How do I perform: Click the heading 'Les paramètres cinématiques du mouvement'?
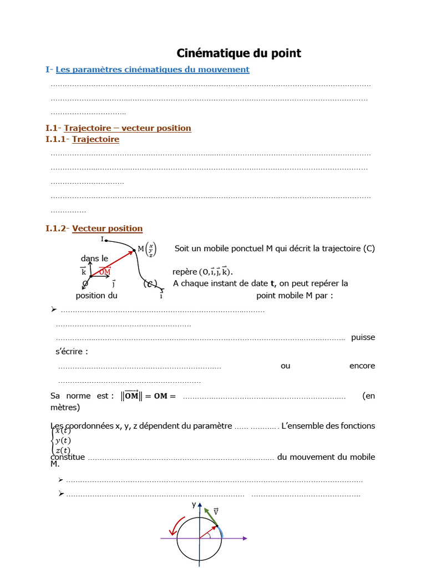(x=153, y=69)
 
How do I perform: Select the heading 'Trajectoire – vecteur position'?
(x=128, y=128)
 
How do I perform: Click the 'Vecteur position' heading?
(x=107, y=228)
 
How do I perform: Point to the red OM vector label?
(x=105, y=271)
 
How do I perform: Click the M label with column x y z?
(x=147, y=250)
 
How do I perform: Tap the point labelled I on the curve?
(x=103, y=239)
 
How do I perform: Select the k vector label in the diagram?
(x=84, y=271)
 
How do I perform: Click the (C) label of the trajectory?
(x=150, y=284)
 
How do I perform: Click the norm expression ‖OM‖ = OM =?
(x=148, y=395)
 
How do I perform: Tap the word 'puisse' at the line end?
(x=363, y=337)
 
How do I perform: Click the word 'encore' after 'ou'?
(x=362, y=366)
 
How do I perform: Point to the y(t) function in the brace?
(x=63, y=440)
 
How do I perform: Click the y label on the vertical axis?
(x=194, y=504)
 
